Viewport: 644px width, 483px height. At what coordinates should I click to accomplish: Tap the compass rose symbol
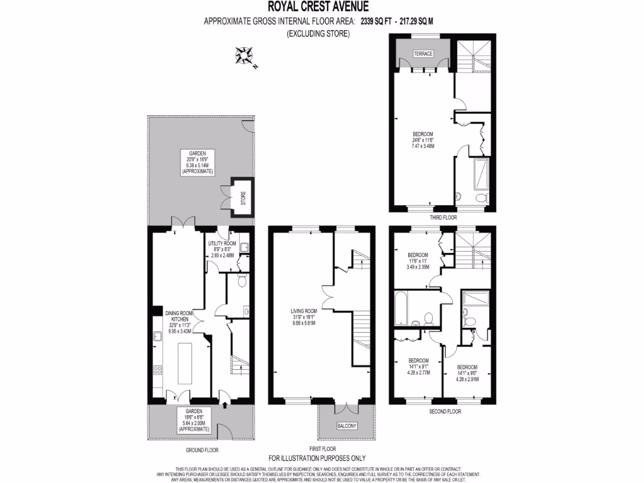coord(244,57)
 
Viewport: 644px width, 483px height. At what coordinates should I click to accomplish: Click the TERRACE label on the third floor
coord(423,54)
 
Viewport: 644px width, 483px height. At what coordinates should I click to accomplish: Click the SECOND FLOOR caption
coord(445,411)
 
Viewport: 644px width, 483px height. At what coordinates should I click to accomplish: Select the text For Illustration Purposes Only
coord(317,458)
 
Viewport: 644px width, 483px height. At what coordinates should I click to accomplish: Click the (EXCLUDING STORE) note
coord(318,33)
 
